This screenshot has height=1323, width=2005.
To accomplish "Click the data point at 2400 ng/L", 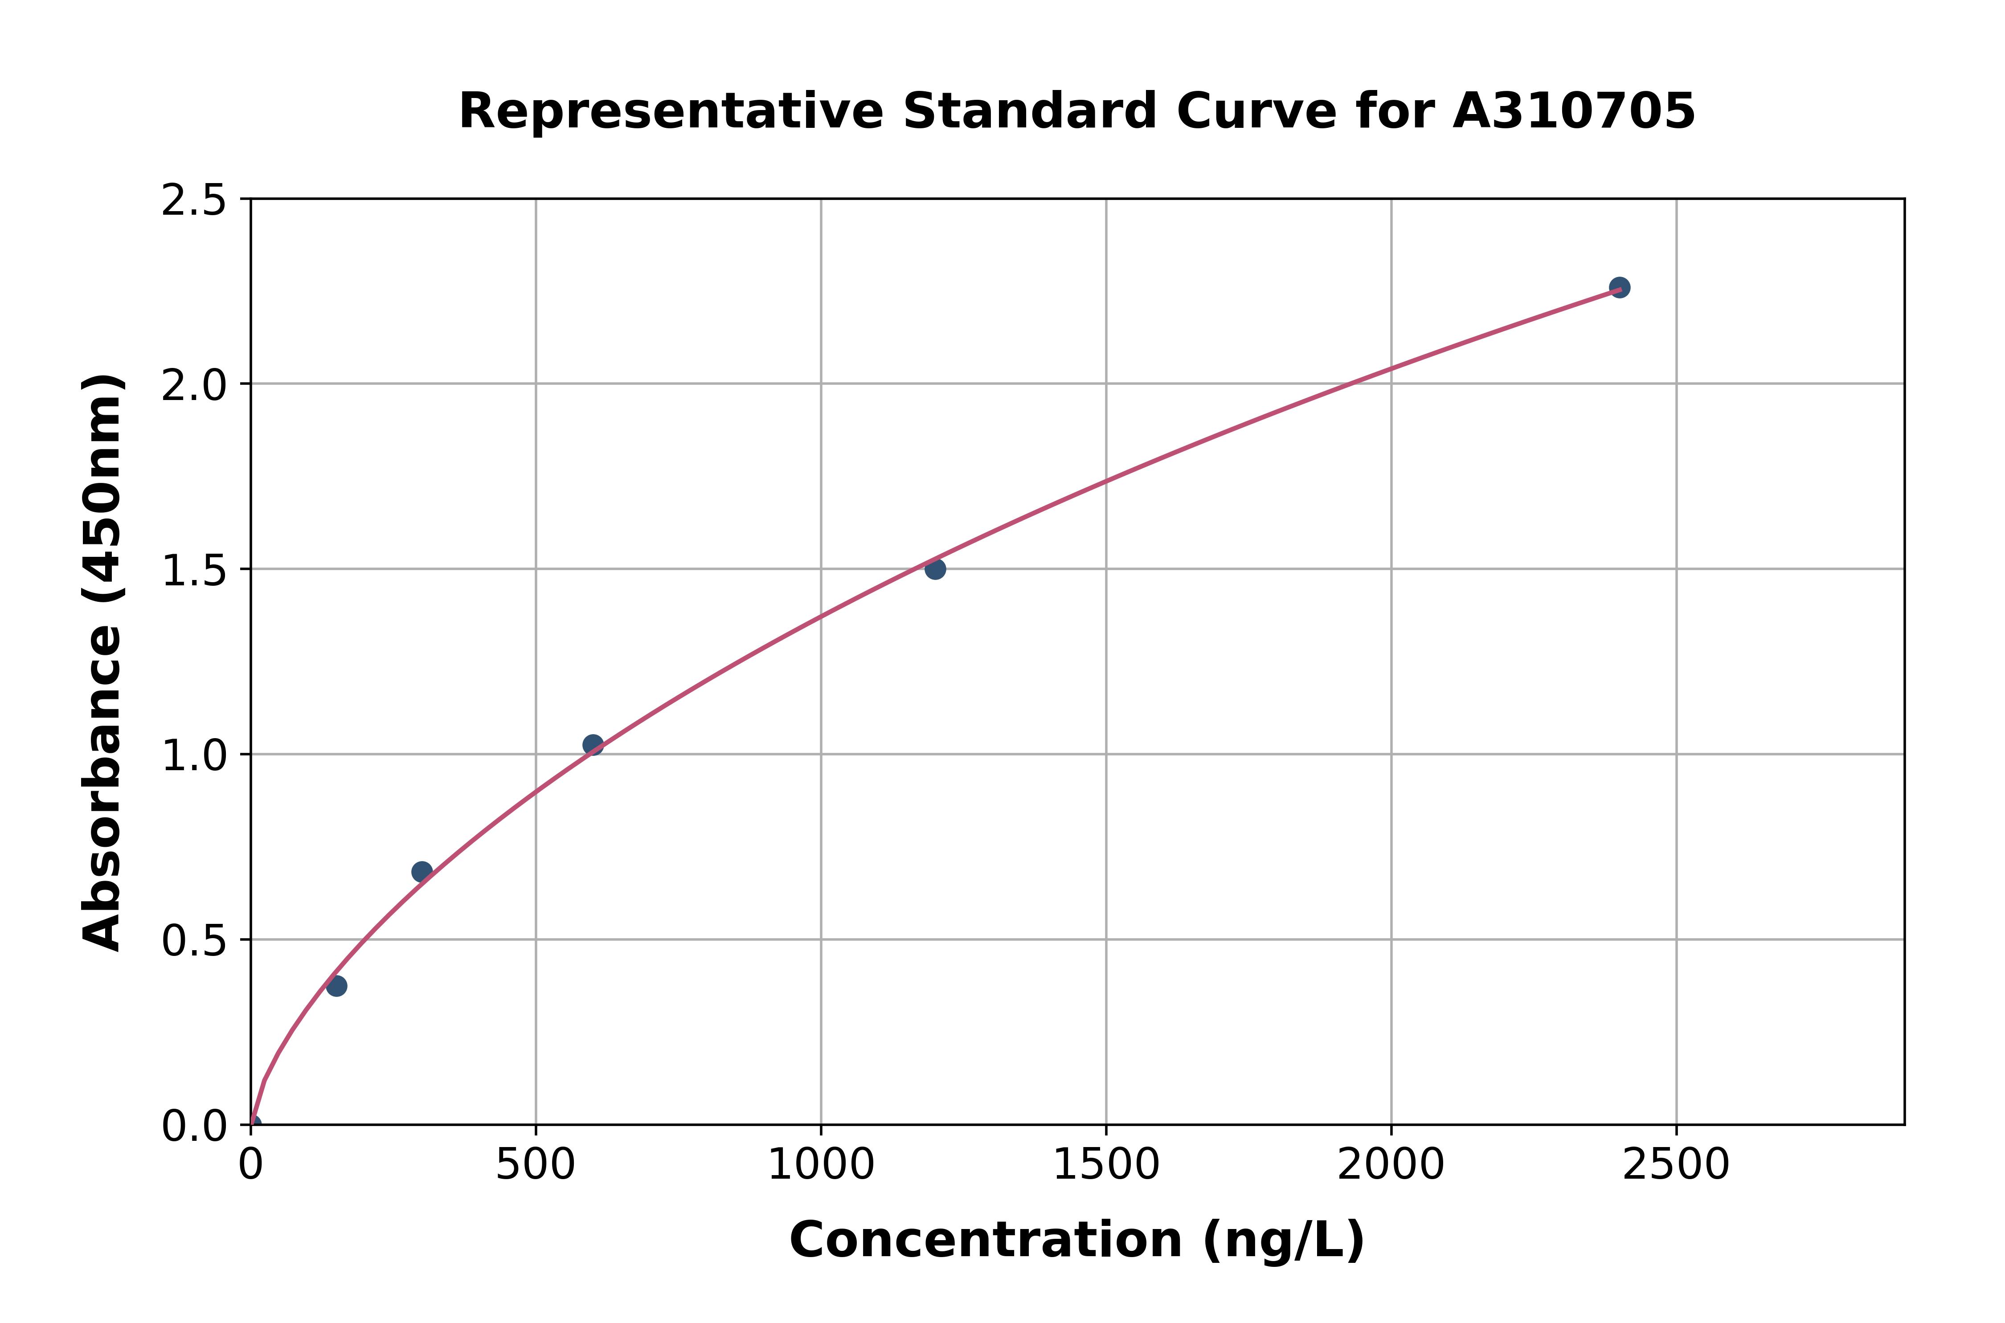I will (x=1619, y=288).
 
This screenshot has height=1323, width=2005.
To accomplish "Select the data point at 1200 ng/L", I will (x=935, y=570).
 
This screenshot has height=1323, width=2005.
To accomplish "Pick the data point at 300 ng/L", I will (x=422, y=872).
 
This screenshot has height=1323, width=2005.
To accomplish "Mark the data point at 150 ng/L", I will (x=337, y=985).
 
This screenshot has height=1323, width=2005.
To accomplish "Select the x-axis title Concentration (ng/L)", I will (x=1077, y=1240).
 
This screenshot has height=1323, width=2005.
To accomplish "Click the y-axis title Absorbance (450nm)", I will (x=103, y=662).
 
